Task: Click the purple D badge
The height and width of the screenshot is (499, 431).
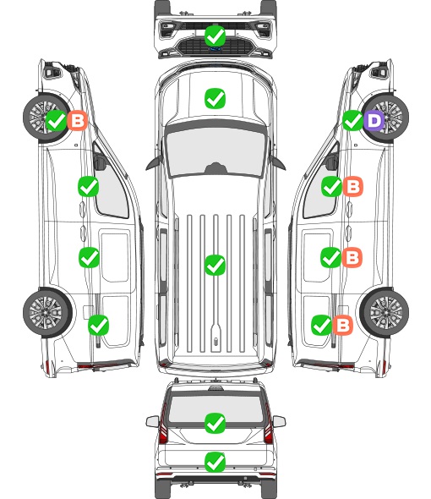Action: click(x=374, y=121)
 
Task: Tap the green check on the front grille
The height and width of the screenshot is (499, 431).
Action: click(x=215, y=36)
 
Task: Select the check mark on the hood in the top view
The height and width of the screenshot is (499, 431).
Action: click(x=215, y=98)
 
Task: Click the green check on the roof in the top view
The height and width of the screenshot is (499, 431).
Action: click(x=215, y=265)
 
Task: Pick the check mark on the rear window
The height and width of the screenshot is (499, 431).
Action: click(x=215, y=423)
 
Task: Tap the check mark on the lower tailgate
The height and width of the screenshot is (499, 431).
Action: click(x=215, y=462)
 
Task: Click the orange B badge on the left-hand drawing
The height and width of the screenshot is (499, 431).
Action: click(x=77, y=120)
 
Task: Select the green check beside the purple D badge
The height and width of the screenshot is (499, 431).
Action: click(x=352, y=121)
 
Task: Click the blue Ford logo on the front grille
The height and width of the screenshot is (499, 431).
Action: click(x=215, y=49)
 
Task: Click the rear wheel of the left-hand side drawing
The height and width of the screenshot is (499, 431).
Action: click(x=47, y=313)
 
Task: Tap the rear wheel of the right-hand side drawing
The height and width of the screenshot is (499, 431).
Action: click(x=385, y=313)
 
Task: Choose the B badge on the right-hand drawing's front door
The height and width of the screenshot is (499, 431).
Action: click(x=352, y=186)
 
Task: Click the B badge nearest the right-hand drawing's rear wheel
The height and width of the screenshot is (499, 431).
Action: click(x=342, y=325)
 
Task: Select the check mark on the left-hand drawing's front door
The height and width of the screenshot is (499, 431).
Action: click(x=89, y=186)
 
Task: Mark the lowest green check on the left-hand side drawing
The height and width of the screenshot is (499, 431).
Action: click(x=99, y=325)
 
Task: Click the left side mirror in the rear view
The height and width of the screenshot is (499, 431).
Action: click(x=153, y=421)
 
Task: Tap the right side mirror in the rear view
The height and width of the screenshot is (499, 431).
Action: click(x=279, y=421)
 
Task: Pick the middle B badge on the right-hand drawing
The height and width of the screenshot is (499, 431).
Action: click(x=352, y=257)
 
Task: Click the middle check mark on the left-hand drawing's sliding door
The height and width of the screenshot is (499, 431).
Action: click(x=89, y=257)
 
